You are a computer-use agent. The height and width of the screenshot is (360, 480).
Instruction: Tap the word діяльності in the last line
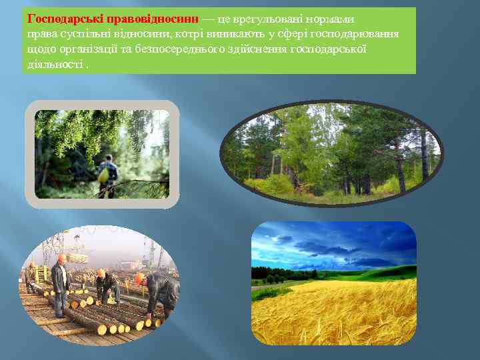point(55,65)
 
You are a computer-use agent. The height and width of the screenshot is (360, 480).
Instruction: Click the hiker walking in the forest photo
point(107,171)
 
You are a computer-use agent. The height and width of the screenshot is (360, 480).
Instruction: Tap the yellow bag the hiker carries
point(103,175)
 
